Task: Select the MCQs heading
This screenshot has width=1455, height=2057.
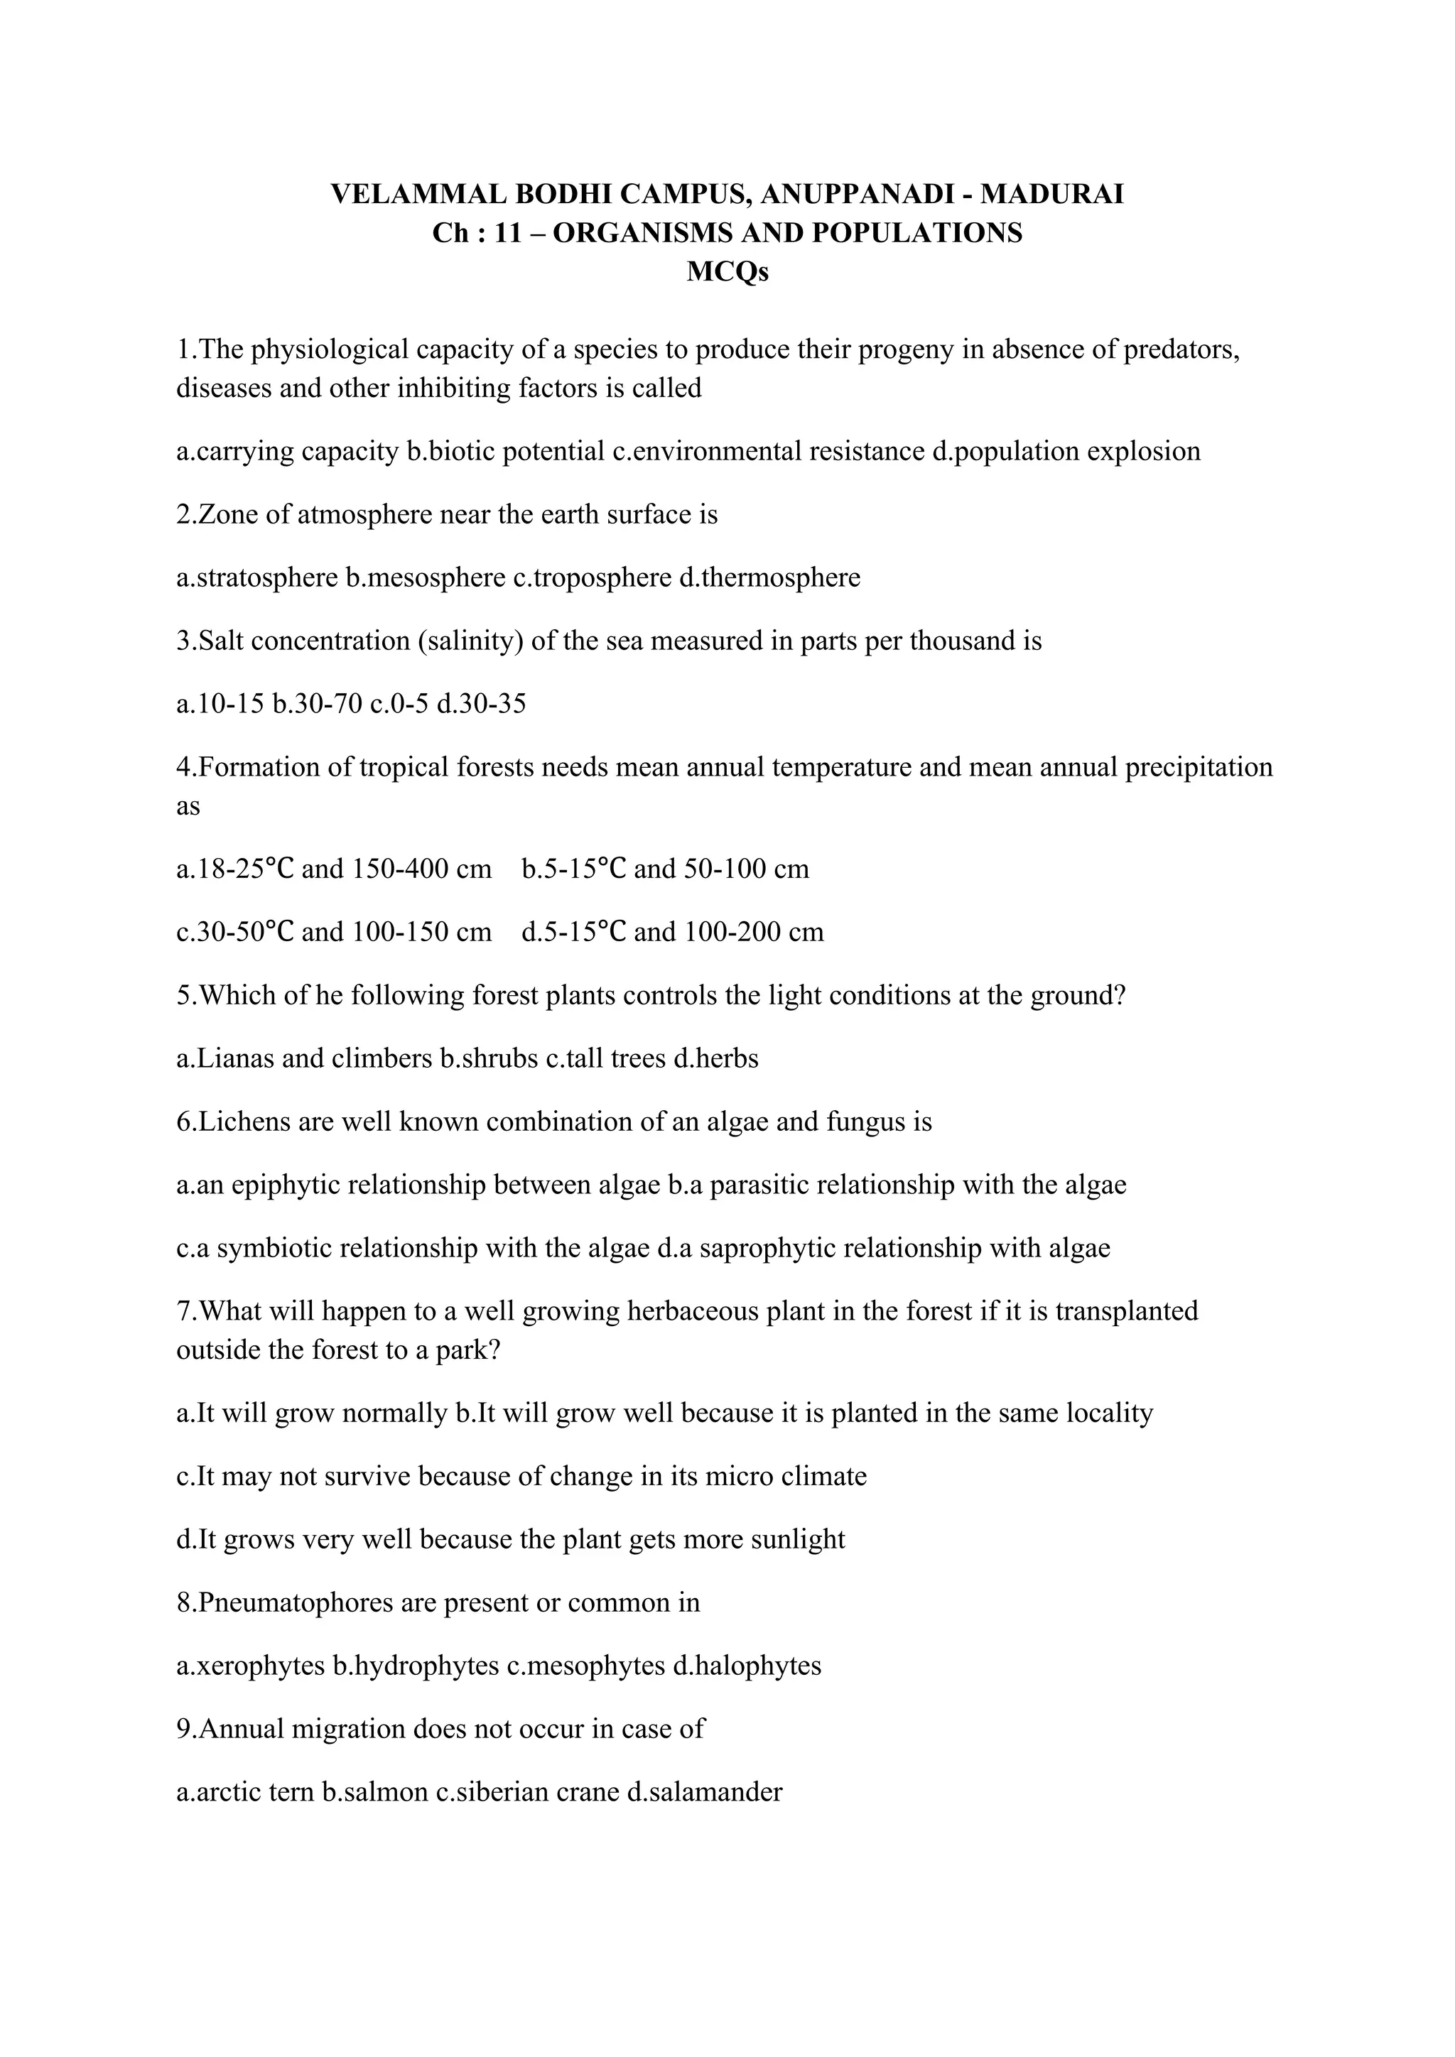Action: pyautogui.click(x=727, y=271)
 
